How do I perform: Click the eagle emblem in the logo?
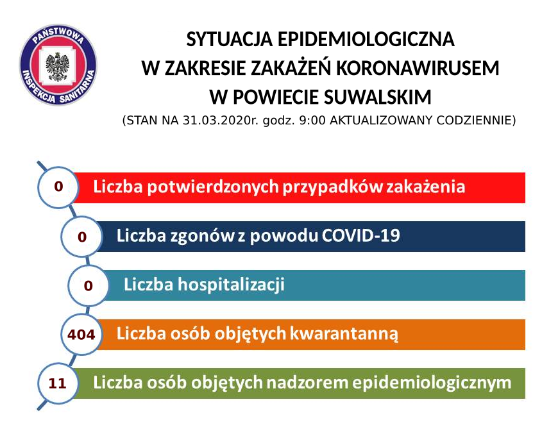pos(57,66)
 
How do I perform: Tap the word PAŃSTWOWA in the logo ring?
pos(58,35)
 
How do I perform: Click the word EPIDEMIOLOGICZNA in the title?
pos(366,39)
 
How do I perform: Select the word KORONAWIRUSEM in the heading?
pos(418,68)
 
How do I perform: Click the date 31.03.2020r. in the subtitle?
pos(221,121)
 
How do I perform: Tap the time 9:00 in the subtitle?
pos(312,121)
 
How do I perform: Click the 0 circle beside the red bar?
pos(58,187)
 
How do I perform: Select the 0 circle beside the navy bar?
pos(81,237)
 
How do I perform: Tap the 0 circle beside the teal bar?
pos(88,285)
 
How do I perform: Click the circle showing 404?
pos(81,335)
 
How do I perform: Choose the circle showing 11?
pos(58,383)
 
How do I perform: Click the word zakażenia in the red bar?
pos(425,187)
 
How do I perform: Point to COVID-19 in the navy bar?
pos(361,235)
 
